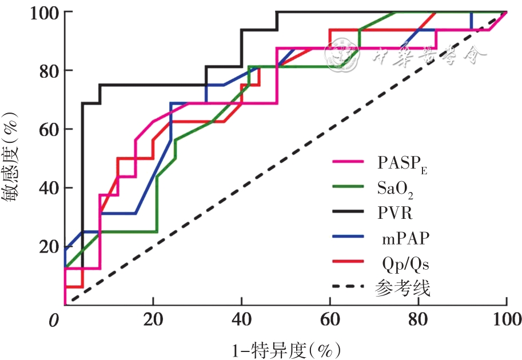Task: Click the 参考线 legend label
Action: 404,289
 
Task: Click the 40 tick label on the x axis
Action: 241,319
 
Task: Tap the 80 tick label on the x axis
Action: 418,319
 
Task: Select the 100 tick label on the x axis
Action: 505,319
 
